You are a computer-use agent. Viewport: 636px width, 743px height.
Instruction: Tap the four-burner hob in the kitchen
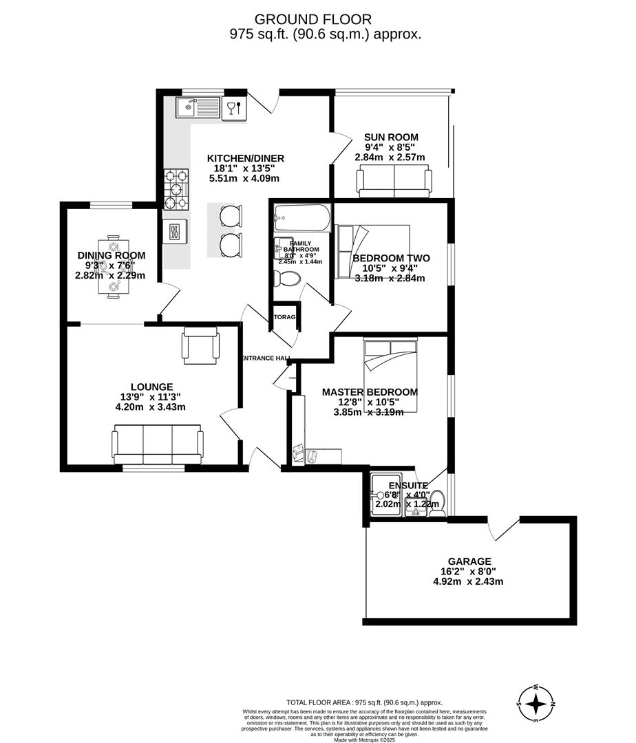pyautogui.click(x=176, y=189)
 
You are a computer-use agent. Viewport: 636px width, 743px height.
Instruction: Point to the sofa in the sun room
pyautogui.click(x=394, y=181)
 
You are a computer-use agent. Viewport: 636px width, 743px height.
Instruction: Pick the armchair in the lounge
pyautogui.click(x=200, y=345)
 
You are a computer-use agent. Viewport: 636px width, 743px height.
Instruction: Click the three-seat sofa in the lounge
pyautogui.click(x=158, y=444)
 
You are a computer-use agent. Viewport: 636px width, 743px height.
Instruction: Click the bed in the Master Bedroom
pyautogui.click(x=390, y=375)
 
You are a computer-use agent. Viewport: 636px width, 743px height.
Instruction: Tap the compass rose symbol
pyautogui.click(x=538, y=704)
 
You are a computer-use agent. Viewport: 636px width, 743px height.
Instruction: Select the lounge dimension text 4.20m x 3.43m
pyautogui.click(x=151, y=407)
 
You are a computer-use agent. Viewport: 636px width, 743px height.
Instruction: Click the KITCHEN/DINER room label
pyautogui.click(x=246, y=158)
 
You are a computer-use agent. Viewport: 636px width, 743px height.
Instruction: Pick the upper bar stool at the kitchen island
pyautogui.click(x=231, y=216)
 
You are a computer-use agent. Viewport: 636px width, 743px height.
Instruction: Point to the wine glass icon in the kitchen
pyautogui.click(x=234, y=107)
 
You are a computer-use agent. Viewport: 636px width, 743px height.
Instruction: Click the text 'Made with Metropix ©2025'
pyautogui.click(x=364, y=740)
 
